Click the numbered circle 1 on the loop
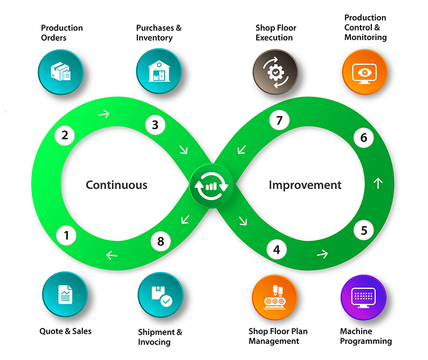pyautogui.click(x=66, y=234)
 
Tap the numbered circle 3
pyautogui.click(x=155, y=125)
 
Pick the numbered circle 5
pyautogui.click(x=364, y=231)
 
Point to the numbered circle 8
pyautogui.click(x=160, y=241)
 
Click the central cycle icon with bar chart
pyautogui.click(x=211, y=186)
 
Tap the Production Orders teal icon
pyautogui.click(x=60, y=71)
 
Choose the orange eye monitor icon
pyautogui.click(x=364, y=71)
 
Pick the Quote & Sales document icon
pyautogui.click(x=65, y=294)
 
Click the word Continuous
pyautogui.click(x=116, y=185)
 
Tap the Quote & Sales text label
pyautogui.click(x=65, y=331)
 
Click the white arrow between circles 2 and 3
pyautogui.click(x=104, y=113)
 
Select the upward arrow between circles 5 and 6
pyautogui.click(x=378, y=183)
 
